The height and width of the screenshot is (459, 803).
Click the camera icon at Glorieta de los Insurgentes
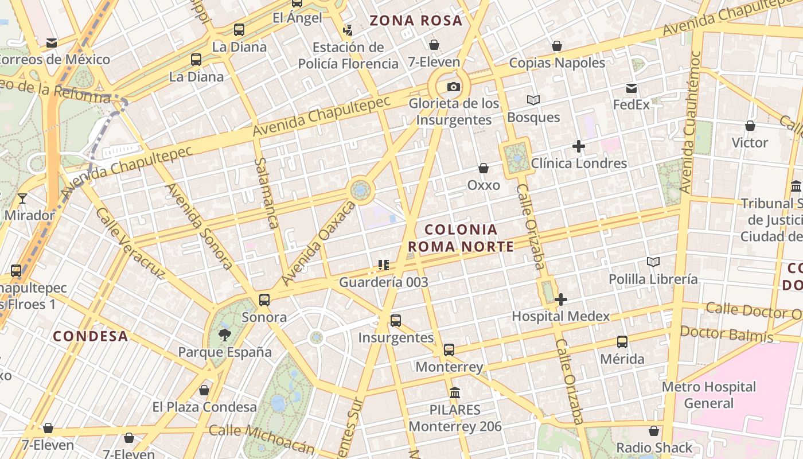[x=454, y=87]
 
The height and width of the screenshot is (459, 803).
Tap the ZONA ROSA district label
[x=416, y=21]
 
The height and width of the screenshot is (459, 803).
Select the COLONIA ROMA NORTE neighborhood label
[x=461, y=238]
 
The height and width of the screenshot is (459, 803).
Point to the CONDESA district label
[x=91, y=336]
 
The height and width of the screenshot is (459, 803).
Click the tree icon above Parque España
[x=224, y=334]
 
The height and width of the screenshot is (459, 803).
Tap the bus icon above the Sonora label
[x=264, y=299]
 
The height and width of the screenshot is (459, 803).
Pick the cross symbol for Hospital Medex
[x=561, y=299]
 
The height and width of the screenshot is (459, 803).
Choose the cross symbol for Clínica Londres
[x=579, y=146]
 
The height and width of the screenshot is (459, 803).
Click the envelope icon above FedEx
[x=632, y=88]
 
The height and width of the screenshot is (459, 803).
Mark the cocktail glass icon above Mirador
[x=22, y=199]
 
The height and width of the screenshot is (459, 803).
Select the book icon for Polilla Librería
[x=653, y=262]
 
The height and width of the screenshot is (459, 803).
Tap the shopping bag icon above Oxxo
[x=484, y=168]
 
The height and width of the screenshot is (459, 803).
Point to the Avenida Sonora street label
[x=199, y=226]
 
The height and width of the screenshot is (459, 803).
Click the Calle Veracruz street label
[x=130, y=243]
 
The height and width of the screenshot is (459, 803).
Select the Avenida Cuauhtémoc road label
[x=689, y=122]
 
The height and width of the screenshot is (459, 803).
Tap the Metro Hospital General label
[x=709, y=395]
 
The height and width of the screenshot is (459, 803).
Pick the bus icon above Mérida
[x=622, y=342]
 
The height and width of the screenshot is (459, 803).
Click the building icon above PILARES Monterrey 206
[x=455, y=393]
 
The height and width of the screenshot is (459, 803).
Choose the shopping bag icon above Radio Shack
[x=654, y=431]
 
